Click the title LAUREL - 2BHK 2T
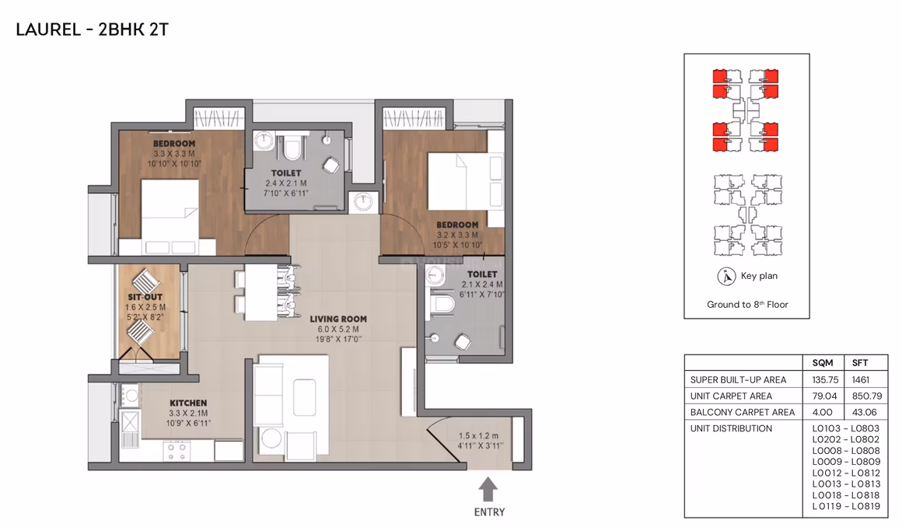point(92,30)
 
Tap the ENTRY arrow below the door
point(488,490)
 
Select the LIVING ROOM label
point(338,319)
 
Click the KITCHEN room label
point(188,403)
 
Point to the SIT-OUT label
point(145,298)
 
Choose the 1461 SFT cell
point(861,380)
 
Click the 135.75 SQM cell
point(825,380)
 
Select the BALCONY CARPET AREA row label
point(742,412)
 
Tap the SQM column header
point(823,363)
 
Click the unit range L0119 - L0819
point(846,506)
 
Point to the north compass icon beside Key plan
point(726,277)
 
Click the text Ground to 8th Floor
point(747,305)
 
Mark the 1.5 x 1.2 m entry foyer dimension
point(479,436)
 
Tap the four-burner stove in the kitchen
point(177,451)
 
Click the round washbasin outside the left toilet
point(363,201)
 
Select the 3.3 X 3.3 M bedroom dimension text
point(173,154)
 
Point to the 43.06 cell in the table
point(864,412)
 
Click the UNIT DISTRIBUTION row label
point(731,428)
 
